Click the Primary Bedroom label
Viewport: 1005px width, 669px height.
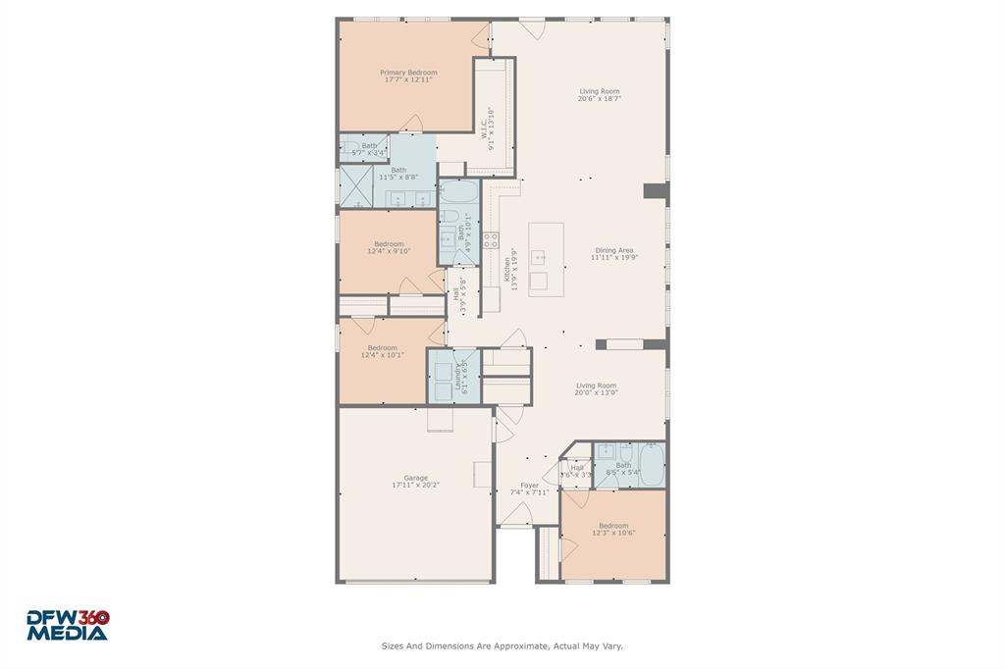click(408, 76)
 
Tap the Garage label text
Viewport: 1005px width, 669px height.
click(415, 481)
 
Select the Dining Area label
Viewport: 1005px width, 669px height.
click(615, 254)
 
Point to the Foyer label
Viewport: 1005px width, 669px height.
click(529, 489)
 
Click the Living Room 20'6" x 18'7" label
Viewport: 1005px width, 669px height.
click(599, 95)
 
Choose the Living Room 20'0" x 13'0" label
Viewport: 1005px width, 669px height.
click(596, 388)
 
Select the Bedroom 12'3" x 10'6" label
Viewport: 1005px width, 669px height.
click(613, 529)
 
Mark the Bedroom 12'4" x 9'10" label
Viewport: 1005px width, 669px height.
click(389, 247)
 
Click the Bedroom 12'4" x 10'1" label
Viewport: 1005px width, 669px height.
click(383, 351)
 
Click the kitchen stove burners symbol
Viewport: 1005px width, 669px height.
click(492, 238)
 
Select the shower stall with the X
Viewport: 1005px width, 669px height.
click(355, 186)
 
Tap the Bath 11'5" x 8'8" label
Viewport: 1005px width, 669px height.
click(397, 174)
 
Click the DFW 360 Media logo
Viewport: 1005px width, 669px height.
click(67, 625)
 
